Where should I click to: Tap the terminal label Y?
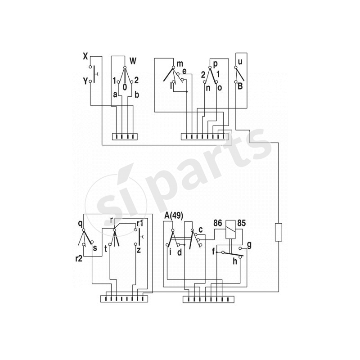tap(85, 81)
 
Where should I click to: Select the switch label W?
tap(133, 61)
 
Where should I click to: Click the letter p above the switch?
tap(216, 63)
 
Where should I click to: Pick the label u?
tap(240, 62)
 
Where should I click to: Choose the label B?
tap(241, 85)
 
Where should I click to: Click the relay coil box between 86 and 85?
tap(230, 227)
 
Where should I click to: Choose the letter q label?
tap(80, 222)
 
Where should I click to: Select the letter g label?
tap(249, 244)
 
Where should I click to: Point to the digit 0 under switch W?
tap(124, 86)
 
